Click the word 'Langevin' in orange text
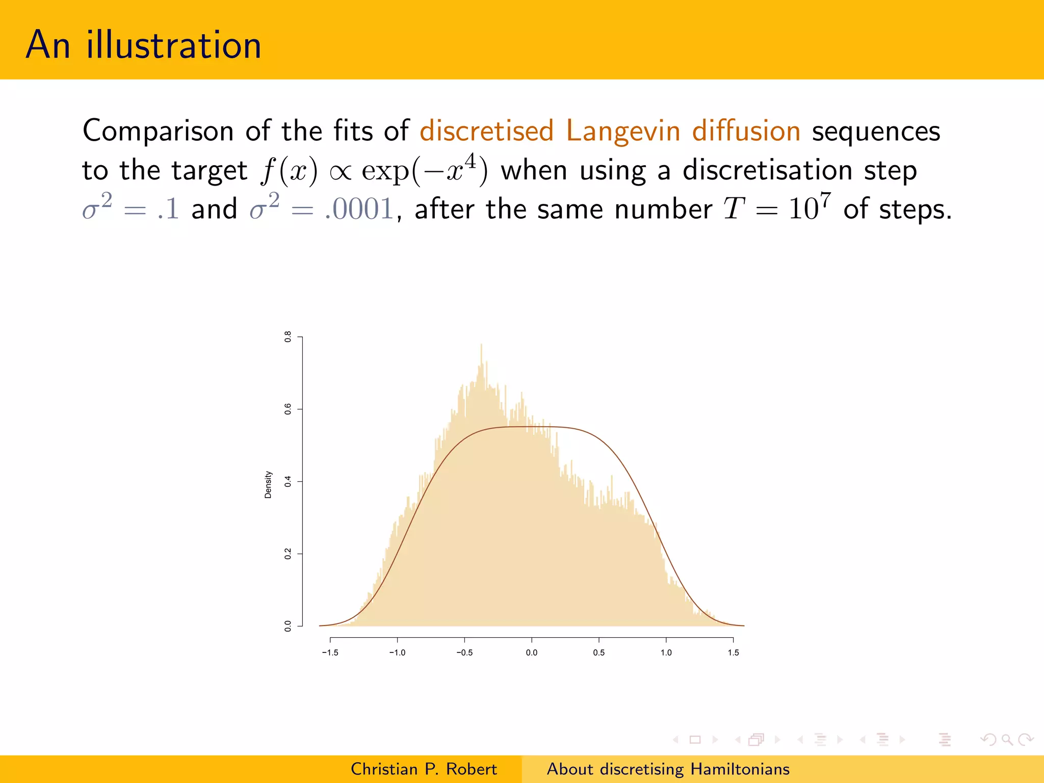pyautogui.click(x=623, y=131)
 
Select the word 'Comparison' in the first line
pyautogui.click(x=158, y=131)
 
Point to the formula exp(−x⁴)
pyautogui.click(x=424, y=170)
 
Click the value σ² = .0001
pyautogui.click(x=322, y=208)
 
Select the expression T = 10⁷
pyautogui.click(x=776, y=208)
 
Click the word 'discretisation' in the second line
pyautogui.click(x=767, y=170)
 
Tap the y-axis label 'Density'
pyautogui.click(x=268, y=484)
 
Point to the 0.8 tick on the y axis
pyautogui.click(x=288, y=336)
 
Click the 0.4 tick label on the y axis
pyautogui.click(x=288, y=481)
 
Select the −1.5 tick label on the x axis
pyautogui.click(x=330, y=652)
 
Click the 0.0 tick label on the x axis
pyautogui.click(x=531, y=652)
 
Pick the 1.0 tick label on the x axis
pyautogui.click(x=666, y=652)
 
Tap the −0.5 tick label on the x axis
pyautogui.click(x=464, y=652)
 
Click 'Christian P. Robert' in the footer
pyautogui.click(x=424, y=769)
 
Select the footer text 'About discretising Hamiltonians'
pyautogui.click(x=668, y=769)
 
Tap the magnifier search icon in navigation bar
pyautogui.click(x=1007, y=739)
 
